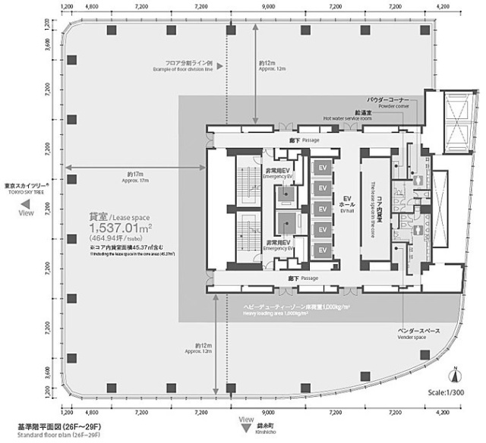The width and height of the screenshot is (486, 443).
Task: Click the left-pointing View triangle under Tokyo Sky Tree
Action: tap(25, 204)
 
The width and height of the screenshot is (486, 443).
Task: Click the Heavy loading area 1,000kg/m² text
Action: tap(296, 312)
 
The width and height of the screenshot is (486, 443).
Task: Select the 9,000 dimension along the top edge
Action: tap(267, 6)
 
